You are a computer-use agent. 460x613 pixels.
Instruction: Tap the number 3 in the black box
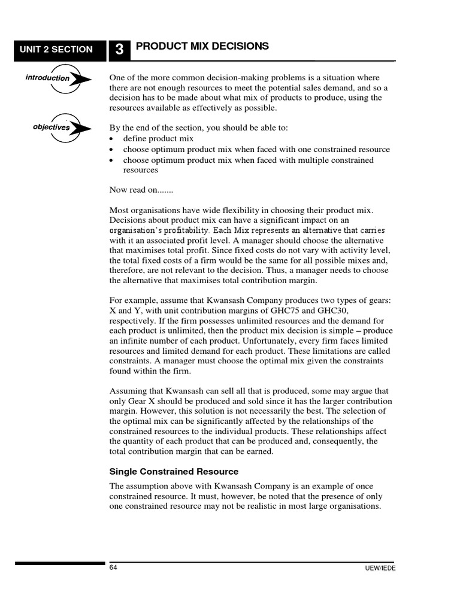coord(119,50)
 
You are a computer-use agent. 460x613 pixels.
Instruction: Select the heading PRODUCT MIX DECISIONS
coord(202,46)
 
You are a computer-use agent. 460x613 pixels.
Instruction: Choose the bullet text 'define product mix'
coord(158,138)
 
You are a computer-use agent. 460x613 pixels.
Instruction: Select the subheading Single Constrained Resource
coord(174,471)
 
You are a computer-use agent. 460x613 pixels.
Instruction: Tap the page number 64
coord(113,568)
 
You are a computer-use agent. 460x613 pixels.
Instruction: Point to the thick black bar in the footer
coord(60,563)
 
